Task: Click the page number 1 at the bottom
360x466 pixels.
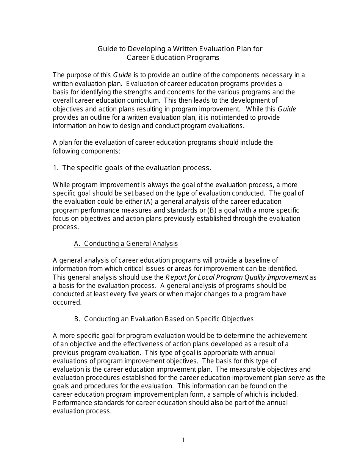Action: click(183, 440)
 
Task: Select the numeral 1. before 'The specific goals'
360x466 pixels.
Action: click(55, 168)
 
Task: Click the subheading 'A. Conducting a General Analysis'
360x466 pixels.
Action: click(126, 244)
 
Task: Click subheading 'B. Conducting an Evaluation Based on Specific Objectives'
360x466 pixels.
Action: click(164, 319)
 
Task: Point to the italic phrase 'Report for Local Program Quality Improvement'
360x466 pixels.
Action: click(237, 277)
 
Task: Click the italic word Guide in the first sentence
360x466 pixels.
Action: click(122, 75)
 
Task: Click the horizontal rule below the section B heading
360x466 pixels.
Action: click(164, 331)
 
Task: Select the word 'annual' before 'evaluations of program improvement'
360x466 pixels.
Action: click(264, 353)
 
